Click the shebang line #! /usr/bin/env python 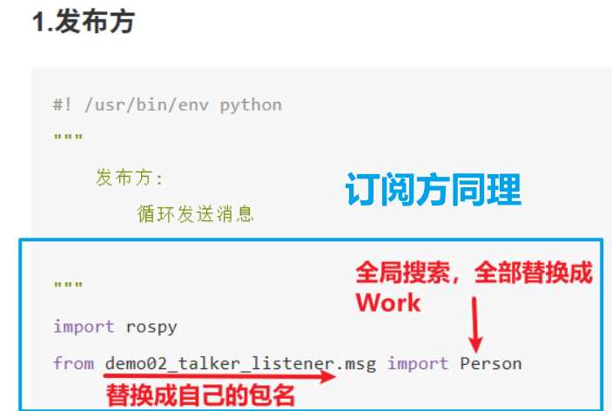pos(167,104)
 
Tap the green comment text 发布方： pos(130,179)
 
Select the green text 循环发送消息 pos(195,213)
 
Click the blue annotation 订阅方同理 pos(433,190)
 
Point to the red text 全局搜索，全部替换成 pos(474,273)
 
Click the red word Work pos(387,303)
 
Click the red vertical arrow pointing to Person pos(475,322)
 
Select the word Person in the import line pos(491,363)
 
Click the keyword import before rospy pos(84,327)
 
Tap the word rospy pos(151,327)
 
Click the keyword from pos(73,363)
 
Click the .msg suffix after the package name pos(356,363)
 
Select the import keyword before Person pos(418,363)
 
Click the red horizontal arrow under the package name pos(218,379)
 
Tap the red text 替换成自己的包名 pos(200,396)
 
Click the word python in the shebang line pos(251,104)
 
